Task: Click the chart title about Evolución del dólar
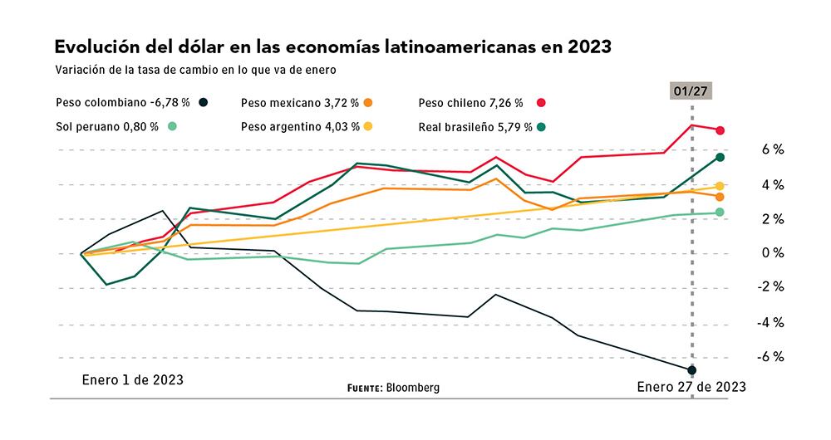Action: click(332, 46)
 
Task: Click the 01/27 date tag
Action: click(692, 90)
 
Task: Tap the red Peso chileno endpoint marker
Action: click(720, 130)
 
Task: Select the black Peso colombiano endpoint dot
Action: click(692, 369)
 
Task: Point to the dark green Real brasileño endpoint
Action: click(720, 157)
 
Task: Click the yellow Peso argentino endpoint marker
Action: click(720, 186)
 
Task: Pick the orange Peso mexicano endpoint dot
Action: click(720, 197)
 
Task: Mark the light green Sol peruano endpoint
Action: click(720, 213)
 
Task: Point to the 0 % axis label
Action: click(773, 253)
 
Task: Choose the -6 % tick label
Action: click(770, 357)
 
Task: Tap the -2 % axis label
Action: click(770, 287)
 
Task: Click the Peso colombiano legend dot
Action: click(203, 103)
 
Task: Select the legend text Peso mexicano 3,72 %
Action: click(299, 103)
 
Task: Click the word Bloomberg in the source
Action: click(413, 387)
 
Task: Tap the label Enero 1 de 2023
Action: click(132, 379)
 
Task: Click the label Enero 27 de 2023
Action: click(691, 387)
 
